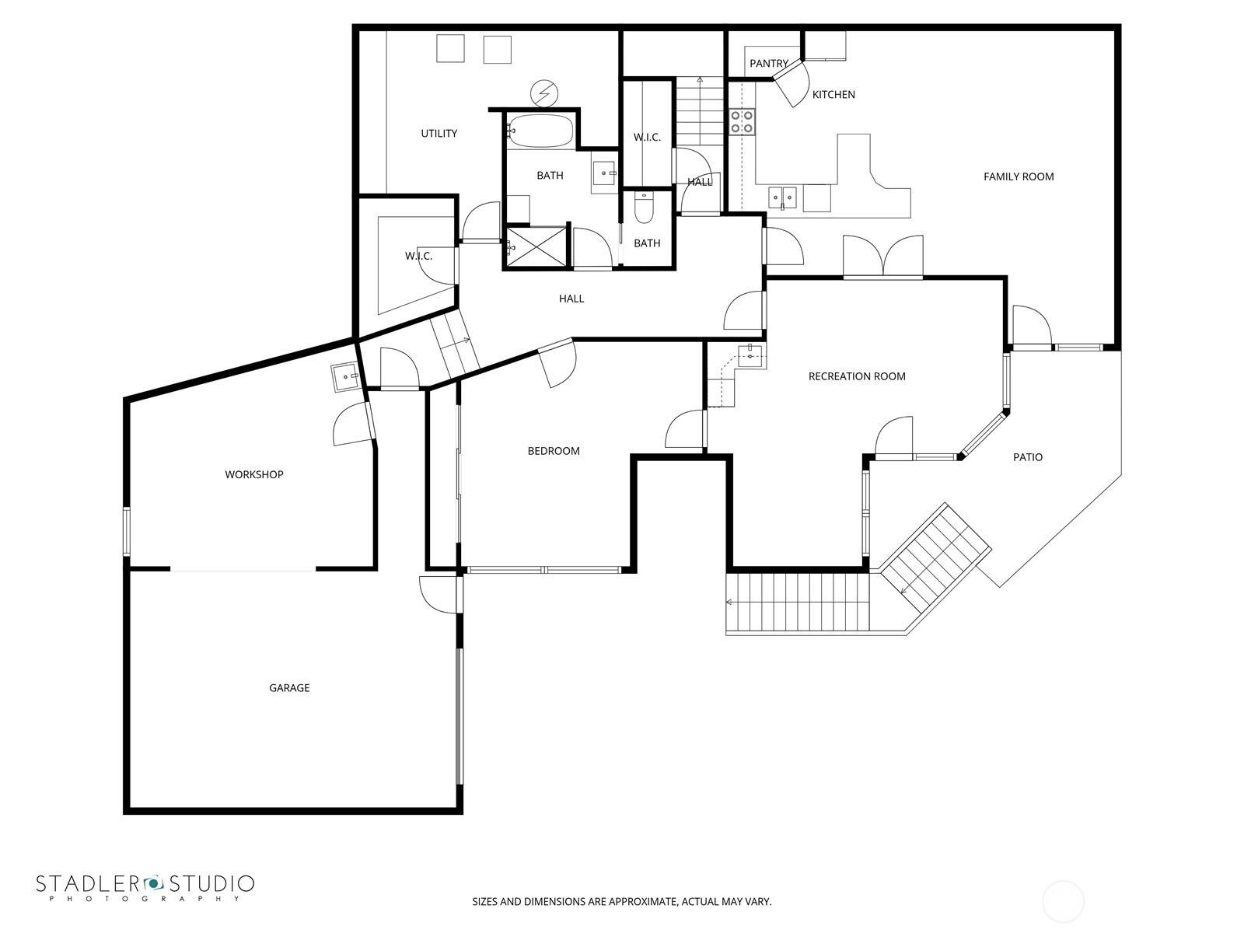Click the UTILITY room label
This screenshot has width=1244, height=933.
tap(439, 134)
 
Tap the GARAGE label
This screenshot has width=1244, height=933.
tap(289, 688)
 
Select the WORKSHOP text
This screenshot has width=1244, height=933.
tap(254, 474)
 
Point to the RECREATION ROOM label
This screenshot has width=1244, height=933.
tap(857, 376)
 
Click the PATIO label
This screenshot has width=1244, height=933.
tap(1027, 457)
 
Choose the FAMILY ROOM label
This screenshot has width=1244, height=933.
tap(1019, 176)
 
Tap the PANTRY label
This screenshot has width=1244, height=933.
tap(768, 64)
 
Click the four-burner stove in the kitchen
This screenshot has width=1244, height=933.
tap(742, 122)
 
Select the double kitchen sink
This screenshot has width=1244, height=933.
tap(783, 197)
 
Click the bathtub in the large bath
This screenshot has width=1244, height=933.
tap(540, 131)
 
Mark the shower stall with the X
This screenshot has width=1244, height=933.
tap(536, 246)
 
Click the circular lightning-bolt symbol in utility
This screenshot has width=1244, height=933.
tap(543, 93)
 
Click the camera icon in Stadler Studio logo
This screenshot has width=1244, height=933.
tap(153, 882)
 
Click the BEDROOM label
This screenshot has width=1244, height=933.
tap(554, 451)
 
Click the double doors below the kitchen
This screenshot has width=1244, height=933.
tap(883, 257)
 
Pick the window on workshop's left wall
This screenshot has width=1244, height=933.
tap(127, 531)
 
